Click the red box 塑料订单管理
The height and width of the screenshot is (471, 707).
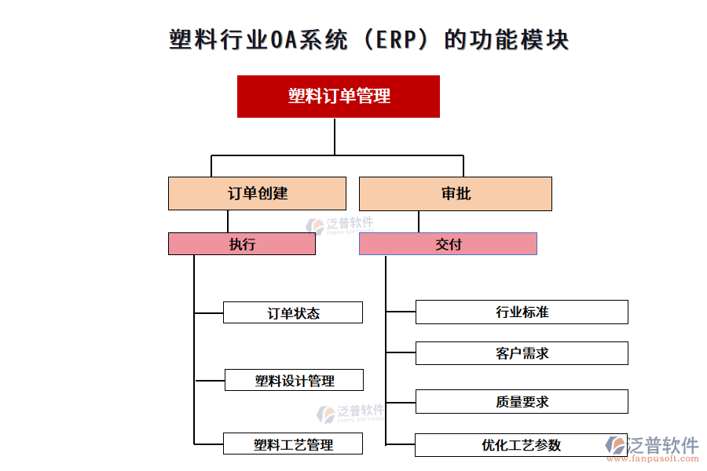coord(339,97)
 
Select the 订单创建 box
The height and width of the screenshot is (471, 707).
coord(257,193)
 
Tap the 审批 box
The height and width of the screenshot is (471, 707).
coord(456,193)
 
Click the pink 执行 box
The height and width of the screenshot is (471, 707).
coord(242,244)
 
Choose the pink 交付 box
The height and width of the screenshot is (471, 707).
coord(448,244)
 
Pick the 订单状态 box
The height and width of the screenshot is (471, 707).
coord(293,312)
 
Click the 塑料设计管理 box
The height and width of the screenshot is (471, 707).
coord(294,381)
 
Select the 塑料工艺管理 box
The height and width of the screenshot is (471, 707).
coord(293,444)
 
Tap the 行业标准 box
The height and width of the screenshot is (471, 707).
coord(522,312)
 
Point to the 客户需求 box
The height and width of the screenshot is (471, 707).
coord(522,353)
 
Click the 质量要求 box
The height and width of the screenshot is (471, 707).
coord(522,402)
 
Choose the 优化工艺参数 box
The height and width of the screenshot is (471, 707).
coord(522,445)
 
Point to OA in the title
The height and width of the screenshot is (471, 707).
coord(283,39)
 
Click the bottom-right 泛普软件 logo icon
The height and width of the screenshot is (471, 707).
coord(615,445)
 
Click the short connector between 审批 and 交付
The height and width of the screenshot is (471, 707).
coord(419,221)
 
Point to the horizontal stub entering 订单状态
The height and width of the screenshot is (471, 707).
coord(209,313)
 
